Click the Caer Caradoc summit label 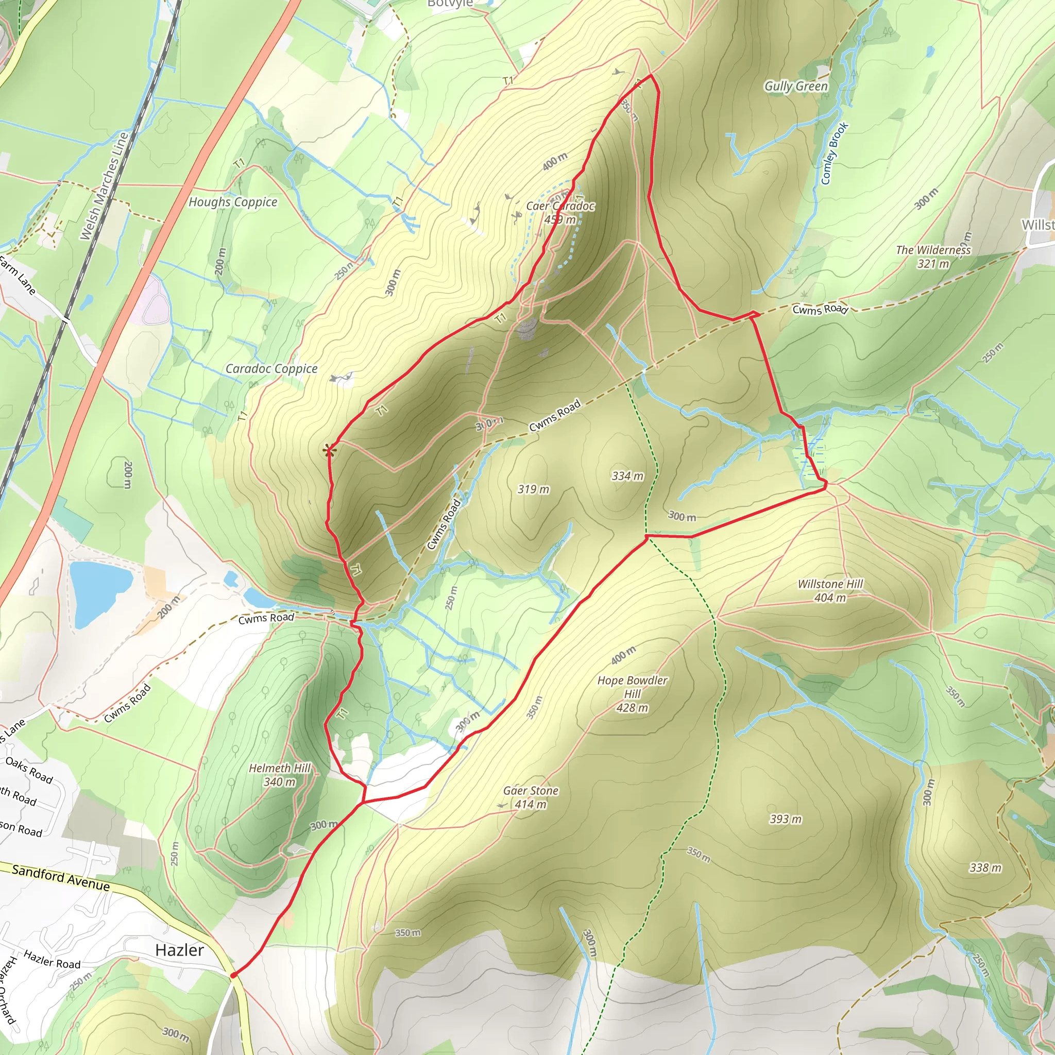tap(560, 212)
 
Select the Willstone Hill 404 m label tap(830, 591)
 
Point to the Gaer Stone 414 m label tap(531, 797)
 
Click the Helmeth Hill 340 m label tap(280, 775)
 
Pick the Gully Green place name tap(795, 86)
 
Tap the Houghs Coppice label tap(233, 202)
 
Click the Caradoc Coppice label tap(271, 369)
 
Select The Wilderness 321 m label tap(933, 257)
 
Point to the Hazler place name tap(179, 950)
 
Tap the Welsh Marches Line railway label tap(104, 185)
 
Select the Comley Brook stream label tap(835, 153)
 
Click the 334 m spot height tap(627, 476)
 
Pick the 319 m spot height tap(533, 489)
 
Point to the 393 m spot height tap(785, 819)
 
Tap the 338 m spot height tap(985, 867)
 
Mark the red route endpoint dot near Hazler tap(233, 975)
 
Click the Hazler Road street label tap(52, 959)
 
